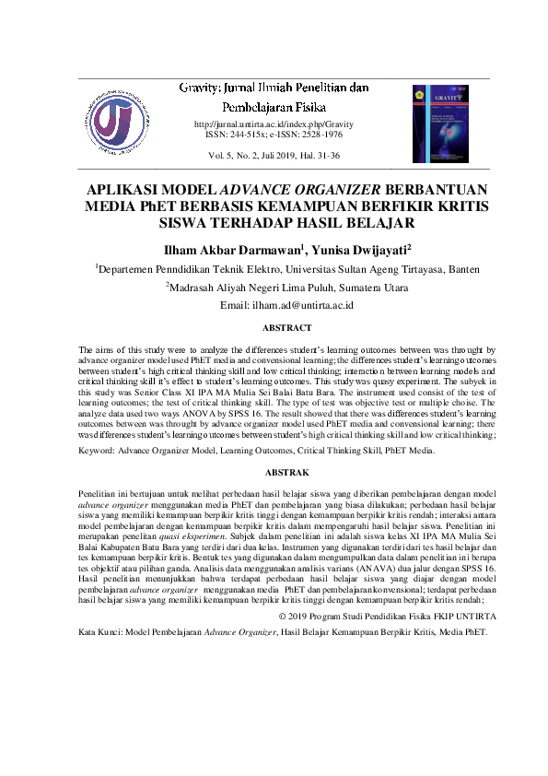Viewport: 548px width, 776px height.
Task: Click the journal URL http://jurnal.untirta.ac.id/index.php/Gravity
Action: (274, 123)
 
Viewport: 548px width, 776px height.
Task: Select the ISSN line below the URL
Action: (274, 134)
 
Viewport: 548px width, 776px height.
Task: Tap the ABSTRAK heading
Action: (274, 472)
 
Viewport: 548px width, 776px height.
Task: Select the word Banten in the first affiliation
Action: (431, 269)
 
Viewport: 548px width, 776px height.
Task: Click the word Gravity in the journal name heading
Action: (196, 88)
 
